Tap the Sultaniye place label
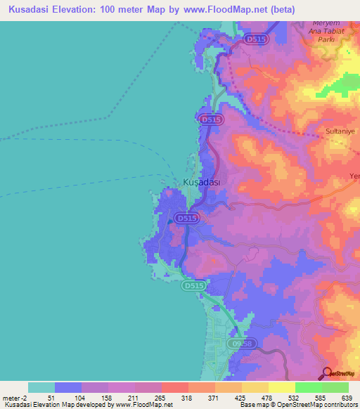click(340, 131)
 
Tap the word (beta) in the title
click(278, 10)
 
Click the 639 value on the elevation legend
click(347, 397)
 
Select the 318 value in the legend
click(186, 397)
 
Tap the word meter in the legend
click(11, 397)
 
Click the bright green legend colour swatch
click(308, 387)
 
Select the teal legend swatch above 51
click(41, 387)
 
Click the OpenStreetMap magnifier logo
click(327, 373)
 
